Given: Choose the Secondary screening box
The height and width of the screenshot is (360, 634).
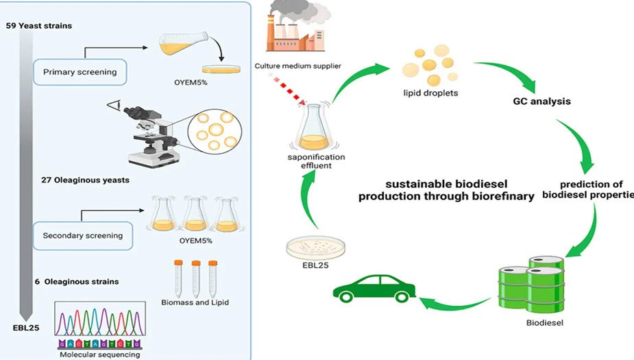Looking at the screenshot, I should (x=83, y=236).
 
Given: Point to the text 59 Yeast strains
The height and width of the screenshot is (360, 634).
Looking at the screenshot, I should (x=38, y=26).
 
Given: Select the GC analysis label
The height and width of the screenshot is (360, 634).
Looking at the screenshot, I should (x=541, y=101).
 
